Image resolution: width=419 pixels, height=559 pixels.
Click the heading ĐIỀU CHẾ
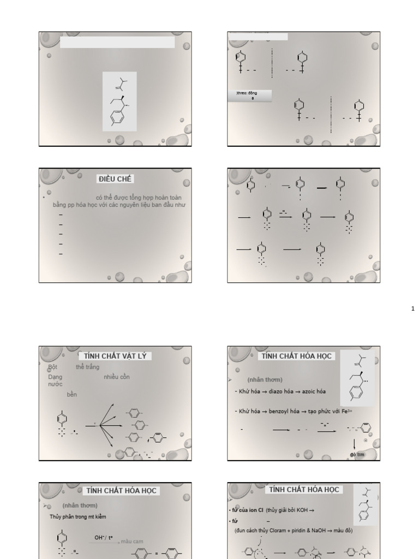point(115,179)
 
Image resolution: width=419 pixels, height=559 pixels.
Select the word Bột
point(52,367)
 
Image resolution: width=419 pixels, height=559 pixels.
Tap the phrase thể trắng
point(87,367)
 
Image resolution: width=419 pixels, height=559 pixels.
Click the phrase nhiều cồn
point(116,377)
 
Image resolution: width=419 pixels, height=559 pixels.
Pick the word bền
point(72,395)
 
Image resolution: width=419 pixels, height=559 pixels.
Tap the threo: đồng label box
point(249,94)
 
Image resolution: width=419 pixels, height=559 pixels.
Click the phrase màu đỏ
point(343,531)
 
